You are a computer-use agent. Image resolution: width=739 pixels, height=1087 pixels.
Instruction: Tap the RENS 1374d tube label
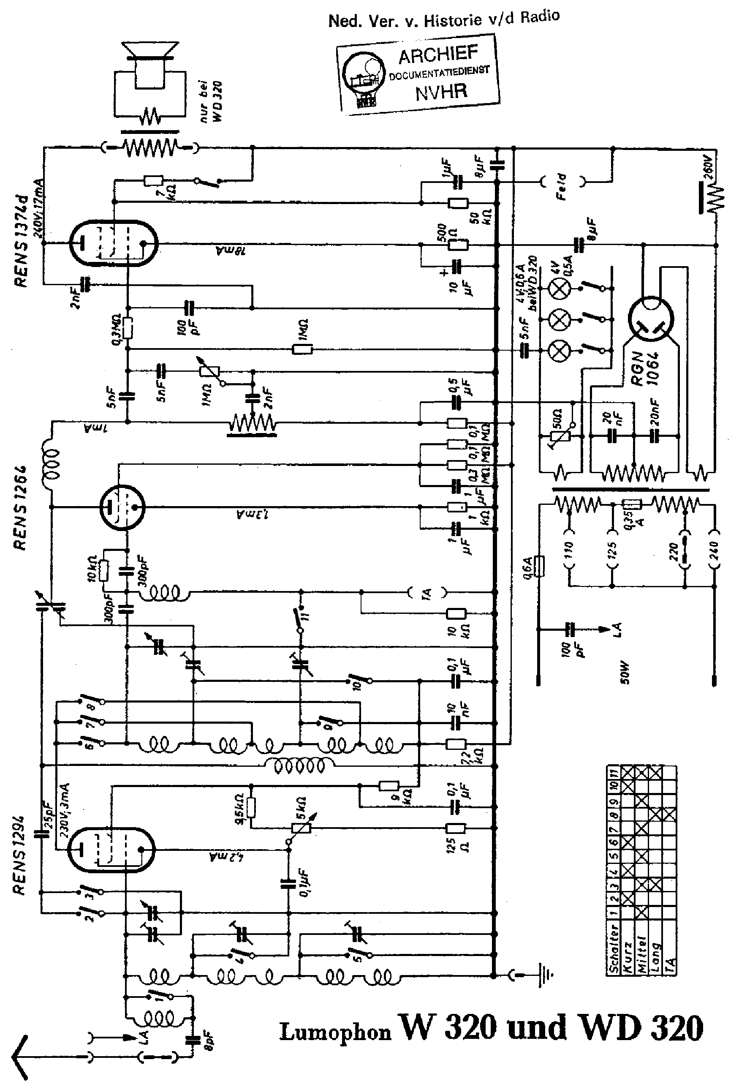21,241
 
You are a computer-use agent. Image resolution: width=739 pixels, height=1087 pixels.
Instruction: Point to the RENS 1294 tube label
19,856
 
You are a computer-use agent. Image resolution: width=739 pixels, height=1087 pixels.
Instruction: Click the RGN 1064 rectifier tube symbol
651,319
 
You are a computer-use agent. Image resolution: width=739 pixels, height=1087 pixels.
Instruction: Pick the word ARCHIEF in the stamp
438,55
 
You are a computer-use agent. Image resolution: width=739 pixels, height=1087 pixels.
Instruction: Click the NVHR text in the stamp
441,91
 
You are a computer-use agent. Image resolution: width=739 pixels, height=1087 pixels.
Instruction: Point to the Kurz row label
627,954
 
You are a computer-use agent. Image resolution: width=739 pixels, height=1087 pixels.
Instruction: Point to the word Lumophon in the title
335,1031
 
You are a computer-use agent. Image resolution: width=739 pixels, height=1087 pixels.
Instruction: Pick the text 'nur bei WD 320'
211,101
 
